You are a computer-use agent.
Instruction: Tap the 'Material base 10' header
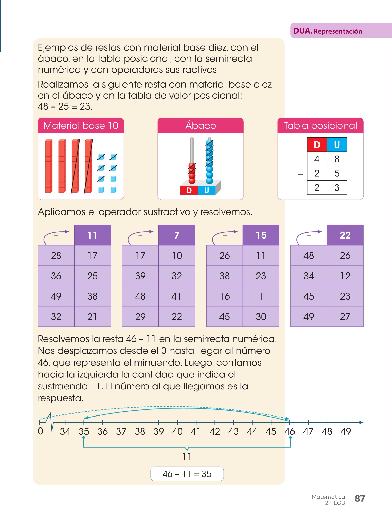point(81,126)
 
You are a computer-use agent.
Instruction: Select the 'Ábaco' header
point(201,126)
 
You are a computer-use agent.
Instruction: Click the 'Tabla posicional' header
point(320,126)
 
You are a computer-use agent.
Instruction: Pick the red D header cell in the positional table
point(317,145)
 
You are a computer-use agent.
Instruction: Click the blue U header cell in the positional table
point(337,145)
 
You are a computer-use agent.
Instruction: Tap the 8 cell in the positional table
point(337,159)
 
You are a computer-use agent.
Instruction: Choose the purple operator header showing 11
point(92,235)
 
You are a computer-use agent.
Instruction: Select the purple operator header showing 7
point(177,235)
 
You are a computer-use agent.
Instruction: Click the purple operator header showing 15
point(261,235)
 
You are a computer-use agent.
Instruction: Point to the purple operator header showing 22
point(345,235)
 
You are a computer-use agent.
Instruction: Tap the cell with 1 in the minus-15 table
point(261,296)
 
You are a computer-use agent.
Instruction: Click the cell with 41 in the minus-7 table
point(177,296)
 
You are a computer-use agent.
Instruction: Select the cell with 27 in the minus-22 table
point(345,317)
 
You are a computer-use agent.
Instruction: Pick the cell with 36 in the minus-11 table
point(56,276)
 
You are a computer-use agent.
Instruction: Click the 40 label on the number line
point(177,432)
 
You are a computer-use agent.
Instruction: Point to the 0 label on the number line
point(41,431)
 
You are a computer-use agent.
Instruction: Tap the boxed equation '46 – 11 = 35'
point(187,474)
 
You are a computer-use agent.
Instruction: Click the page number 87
point(360,498)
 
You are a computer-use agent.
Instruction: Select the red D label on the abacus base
point(189,190)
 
